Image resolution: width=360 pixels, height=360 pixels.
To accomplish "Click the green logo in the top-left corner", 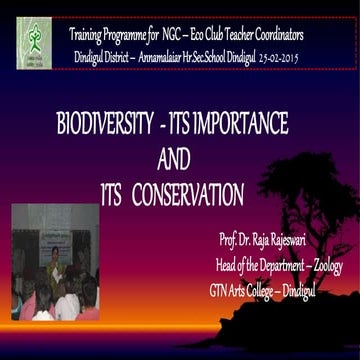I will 33,42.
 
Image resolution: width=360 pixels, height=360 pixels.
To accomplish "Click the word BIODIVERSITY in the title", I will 97,125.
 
